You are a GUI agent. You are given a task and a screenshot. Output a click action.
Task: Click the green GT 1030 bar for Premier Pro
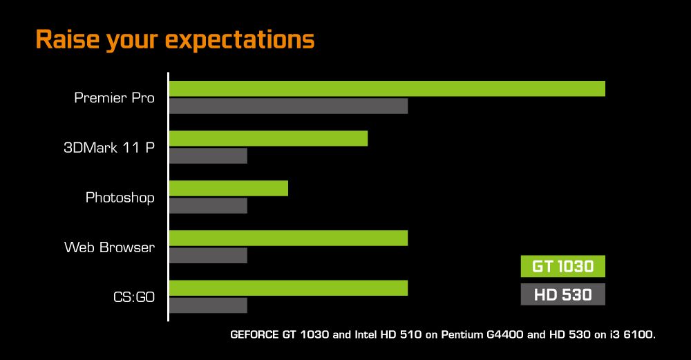pos(388,88)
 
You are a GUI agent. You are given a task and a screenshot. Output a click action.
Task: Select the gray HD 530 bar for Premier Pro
pos(289,106)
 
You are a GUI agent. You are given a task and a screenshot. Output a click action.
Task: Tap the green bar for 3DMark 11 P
pos(268,138)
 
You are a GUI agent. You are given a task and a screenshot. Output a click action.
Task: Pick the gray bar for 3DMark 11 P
pos(209,155)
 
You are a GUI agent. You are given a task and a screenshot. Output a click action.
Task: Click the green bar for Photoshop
pos(229,188)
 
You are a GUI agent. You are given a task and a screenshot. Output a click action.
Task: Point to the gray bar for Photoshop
pos(209,205)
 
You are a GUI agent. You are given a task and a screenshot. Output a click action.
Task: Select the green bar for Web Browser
pos(289,238)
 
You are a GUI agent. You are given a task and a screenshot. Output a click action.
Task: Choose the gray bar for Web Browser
pos(209,255)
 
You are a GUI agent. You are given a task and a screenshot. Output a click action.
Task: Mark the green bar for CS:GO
pos(289,287)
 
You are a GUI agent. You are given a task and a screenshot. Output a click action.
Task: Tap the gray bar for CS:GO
pos(209,305)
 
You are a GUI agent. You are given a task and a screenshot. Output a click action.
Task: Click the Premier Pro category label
pos(114,97)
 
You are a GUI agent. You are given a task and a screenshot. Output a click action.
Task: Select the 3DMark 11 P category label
pos(109,147)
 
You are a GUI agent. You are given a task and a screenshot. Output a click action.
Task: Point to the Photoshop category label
pos(120,198)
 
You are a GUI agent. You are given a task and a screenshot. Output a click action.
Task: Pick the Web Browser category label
pos(109,247)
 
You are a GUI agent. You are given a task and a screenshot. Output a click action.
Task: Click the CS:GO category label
pos(134,297)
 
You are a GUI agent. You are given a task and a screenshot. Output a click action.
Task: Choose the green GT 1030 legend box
pos(562,266)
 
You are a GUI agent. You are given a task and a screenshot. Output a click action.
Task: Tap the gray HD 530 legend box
pos(562,294)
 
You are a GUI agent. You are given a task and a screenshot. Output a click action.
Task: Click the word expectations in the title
pos(240,40)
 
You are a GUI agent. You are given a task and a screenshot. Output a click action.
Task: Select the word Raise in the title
pos(68,39)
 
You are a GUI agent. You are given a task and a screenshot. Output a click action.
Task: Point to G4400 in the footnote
pos(505,334)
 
